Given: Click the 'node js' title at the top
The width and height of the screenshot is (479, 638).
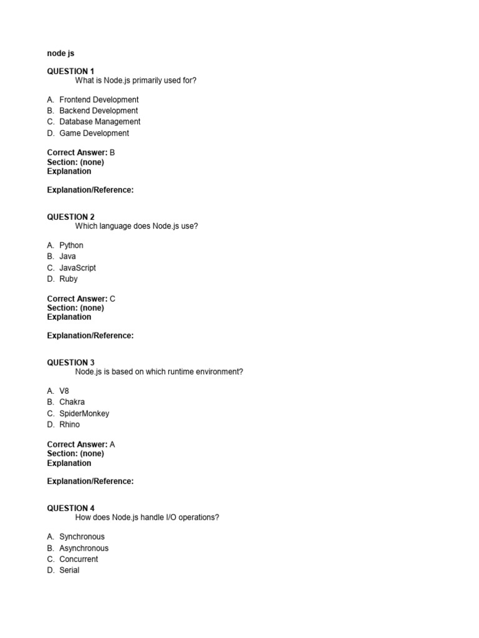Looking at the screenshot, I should coord(60,54).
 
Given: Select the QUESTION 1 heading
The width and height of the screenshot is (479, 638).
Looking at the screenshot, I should coord(70,72).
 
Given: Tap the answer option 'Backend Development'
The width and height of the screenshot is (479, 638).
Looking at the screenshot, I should coord(99,111).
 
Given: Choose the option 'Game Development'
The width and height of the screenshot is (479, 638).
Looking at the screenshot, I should coord(94,133).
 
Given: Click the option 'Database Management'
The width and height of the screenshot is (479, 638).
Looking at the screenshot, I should coord(100,122).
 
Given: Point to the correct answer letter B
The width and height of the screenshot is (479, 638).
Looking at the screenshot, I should coord(112,153).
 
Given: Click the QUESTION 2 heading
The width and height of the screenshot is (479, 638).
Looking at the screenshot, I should coord(70,217).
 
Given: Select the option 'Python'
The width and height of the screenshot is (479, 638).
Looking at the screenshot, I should coord(71,245).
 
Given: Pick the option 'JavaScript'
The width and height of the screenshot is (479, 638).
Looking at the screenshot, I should coord(77,268).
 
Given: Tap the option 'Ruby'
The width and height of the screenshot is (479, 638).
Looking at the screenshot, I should coord(69,279).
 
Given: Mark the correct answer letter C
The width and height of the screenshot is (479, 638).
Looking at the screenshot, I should coord(112,299).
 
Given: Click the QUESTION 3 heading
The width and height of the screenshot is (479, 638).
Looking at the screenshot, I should coord(70,363).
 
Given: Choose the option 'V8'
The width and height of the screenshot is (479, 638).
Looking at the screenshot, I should coord(64,391).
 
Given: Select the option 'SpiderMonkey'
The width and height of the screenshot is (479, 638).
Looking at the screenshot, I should coord(84,414).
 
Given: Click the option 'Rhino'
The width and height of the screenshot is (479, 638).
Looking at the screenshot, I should coord(70,425).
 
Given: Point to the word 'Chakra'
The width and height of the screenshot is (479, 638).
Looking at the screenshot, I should coord(72,402).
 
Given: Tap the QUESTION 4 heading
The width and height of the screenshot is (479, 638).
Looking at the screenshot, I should coord(70,508).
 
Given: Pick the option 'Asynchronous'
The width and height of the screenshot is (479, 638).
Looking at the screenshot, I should coord(84,548).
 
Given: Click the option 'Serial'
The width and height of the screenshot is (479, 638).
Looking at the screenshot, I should coord(69,571).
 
